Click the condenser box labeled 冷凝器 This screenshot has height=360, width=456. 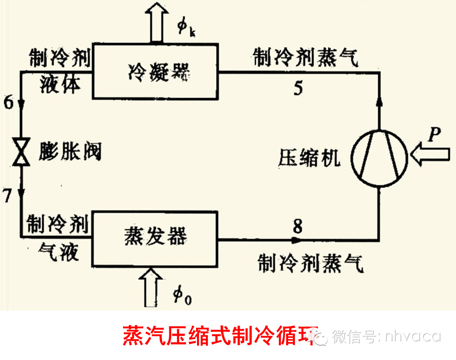click(x=155, y=72)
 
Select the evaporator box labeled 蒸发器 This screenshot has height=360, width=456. click(x=155, y=237)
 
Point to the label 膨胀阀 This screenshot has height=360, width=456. click(x=70, y=152)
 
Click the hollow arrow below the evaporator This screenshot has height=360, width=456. click(x=156, y=287)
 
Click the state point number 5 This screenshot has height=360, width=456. click(x=298, y=88)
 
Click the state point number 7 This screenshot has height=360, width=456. click(x=7, y=196)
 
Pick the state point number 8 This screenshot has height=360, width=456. click(x=297, y=227)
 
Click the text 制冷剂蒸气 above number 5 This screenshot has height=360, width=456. click(x=305, y=58)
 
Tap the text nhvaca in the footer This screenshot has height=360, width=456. click(x=413, y=336)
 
